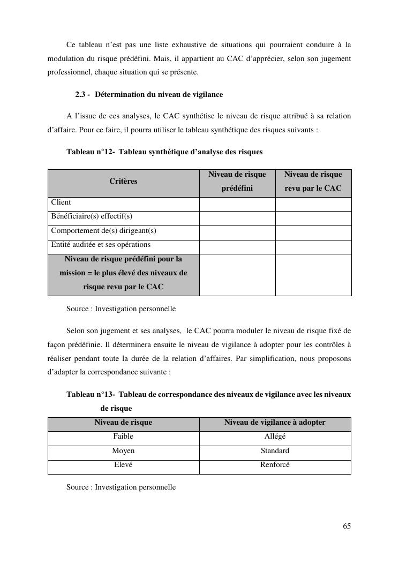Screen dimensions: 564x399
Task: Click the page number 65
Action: [x=347, y=527]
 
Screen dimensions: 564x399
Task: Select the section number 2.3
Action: [x=81, y=95]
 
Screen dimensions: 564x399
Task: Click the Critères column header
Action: [x=123, y=182]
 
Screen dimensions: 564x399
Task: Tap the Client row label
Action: [x=61, y=202]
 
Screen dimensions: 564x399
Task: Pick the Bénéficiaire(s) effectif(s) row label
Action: [x=92, y=216]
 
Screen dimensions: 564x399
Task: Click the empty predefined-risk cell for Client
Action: [x=237, y=204]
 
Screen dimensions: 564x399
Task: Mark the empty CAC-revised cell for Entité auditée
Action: [x=313, y=247]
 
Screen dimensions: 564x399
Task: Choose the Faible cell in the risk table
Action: [x=123, y=437]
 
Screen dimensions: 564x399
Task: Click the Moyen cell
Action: [x=123, y=451]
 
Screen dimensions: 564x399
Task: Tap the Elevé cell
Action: [x=123, y=465]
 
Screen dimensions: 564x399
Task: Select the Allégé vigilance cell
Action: [x=275, y=437]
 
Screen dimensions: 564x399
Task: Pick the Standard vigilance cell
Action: [x=275, y=451]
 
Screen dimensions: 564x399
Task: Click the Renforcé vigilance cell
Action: [x=275, y=465]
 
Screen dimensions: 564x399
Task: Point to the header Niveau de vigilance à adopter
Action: [x=275, y=423]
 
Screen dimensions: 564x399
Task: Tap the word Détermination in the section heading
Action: [x=120, y=95]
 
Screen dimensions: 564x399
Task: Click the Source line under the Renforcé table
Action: [x=121, y=487]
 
